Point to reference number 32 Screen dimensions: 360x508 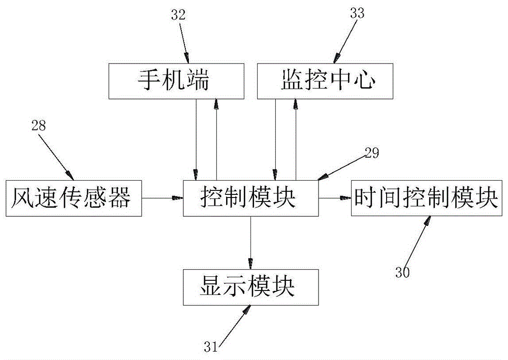[179, 14]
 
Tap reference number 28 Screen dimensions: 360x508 [39, 126]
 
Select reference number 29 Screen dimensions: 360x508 [372, 154]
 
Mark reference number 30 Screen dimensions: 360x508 [402, 272]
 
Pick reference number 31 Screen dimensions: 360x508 [211, 347]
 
